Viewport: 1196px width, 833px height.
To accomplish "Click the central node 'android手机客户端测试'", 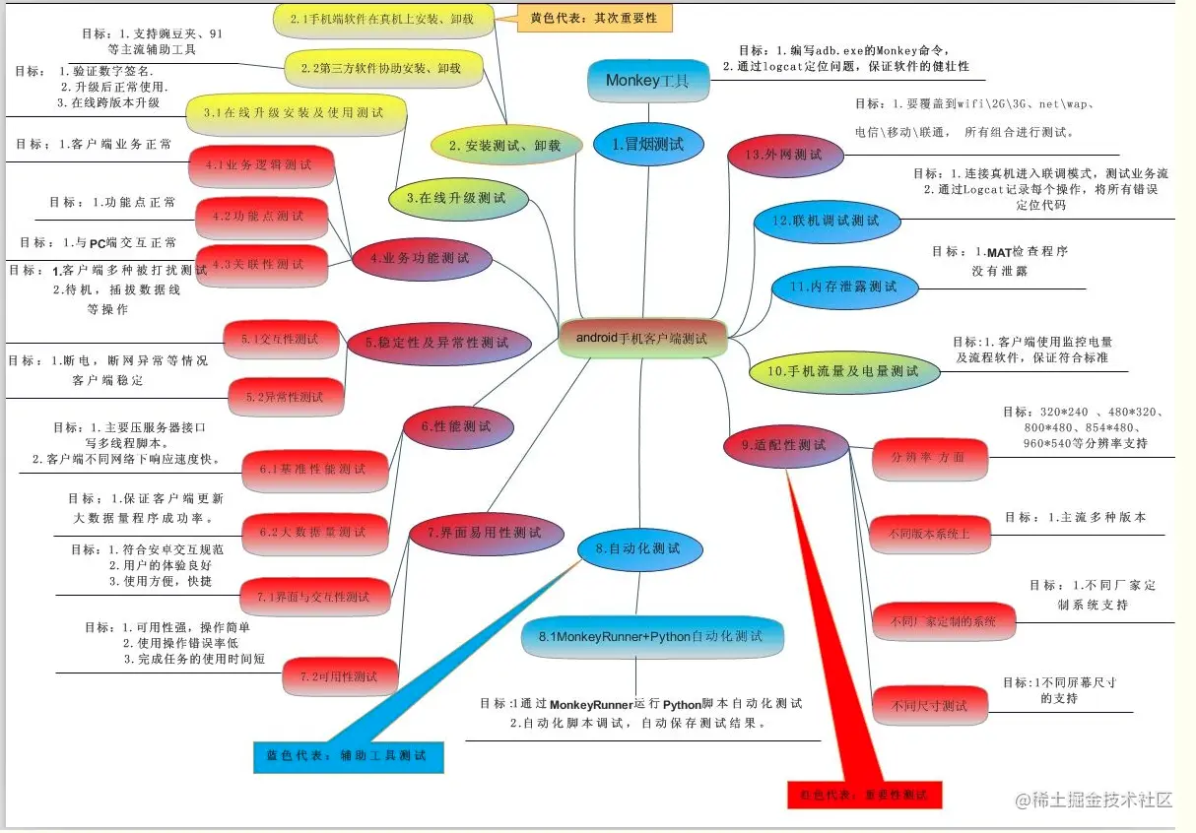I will pyautogui.click(x=641, y=338).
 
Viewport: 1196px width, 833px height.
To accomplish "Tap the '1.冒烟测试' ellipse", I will pyautogui.click(x=648, y=144).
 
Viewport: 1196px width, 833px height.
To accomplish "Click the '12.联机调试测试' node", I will pyautogui.click(x=828, y=221).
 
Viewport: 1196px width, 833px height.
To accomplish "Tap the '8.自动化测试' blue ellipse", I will pyautogui.click(x=639, y=549).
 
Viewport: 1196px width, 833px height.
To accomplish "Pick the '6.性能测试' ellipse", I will pyautogui.click(x=460, y=426).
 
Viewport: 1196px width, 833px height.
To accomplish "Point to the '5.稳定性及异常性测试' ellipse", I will pyautogui.click(x=439, y=343).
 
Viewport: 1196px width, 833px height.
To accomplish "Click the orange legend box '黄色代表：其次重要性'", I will pyautogui.click(x=586, y=18).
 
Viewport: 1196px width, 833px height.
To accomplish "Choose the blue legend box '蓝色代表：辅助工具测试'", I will pyautogui.click(x=346, y=756).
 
